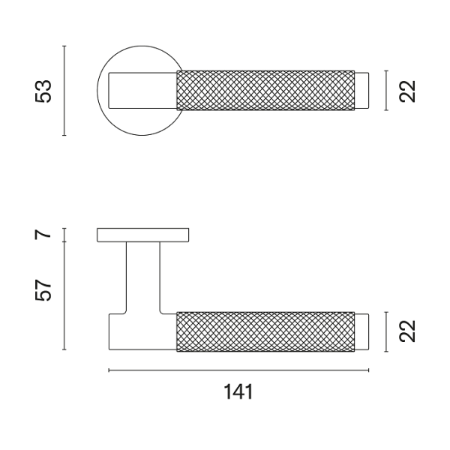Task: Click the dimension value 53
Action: point(44,91)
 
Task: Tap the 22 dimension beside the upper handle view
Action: point(407,91)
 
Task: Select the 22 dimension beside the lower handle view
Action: point(407,331)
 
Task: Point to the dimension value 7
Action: point(44,235)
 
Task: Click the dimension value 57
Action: point(44,290)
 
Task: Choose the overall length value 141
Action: point(238,392)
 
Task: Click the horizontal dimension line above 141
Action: point(238,370)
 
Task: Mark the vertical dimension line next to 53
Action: point(65,91)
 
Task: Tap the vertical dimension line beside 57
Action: point(65,296)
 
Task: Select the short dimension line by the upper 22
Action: point(386,91)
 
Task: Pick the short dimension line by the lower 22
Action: point(386,331)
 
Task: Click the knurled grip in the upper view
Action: point(264,91)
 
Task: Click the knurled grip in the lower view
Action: point(264,331)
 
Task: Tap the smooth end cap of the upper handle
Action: point(361,91)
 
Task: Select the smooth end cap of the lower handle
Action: point(361,331)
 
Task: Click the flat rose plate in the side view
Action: point(142,235)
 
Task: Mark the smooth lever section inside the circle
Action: point(142,91)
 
